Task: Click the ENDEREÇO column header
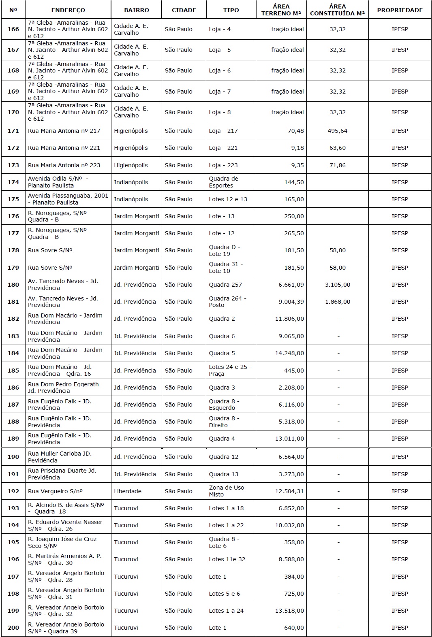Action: (x=68, y=10)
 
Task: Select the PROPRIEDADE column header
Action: (x=400, y=10)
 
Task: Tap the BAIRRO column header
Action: (x=137, y=10)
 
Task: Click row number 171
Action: (x=13, y=131)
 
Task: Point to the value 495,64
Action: (x=338, y=131)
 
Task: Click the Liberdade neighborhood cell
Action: (x=128, y=491)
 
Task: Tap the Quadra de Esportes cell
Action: (x=224, y=182)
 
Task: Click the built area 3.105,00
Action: (x=338, y=285)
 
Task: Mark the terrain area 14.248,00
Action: (x=289, y=353)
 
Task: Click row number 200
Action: (x=13, y=628)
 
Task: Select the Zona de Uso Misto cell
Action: (x=227, y=491)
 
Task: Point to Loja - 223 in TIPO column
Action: (x=223, y=165)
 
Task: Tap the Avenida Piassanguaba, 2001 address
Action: (x=68, y=199)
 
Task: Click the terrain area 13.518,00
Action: (x=289, y=611)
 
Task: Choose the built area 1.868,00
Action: (x=338, y=302)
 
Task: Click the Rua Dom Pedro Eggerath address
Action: (x=63, y=388)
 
